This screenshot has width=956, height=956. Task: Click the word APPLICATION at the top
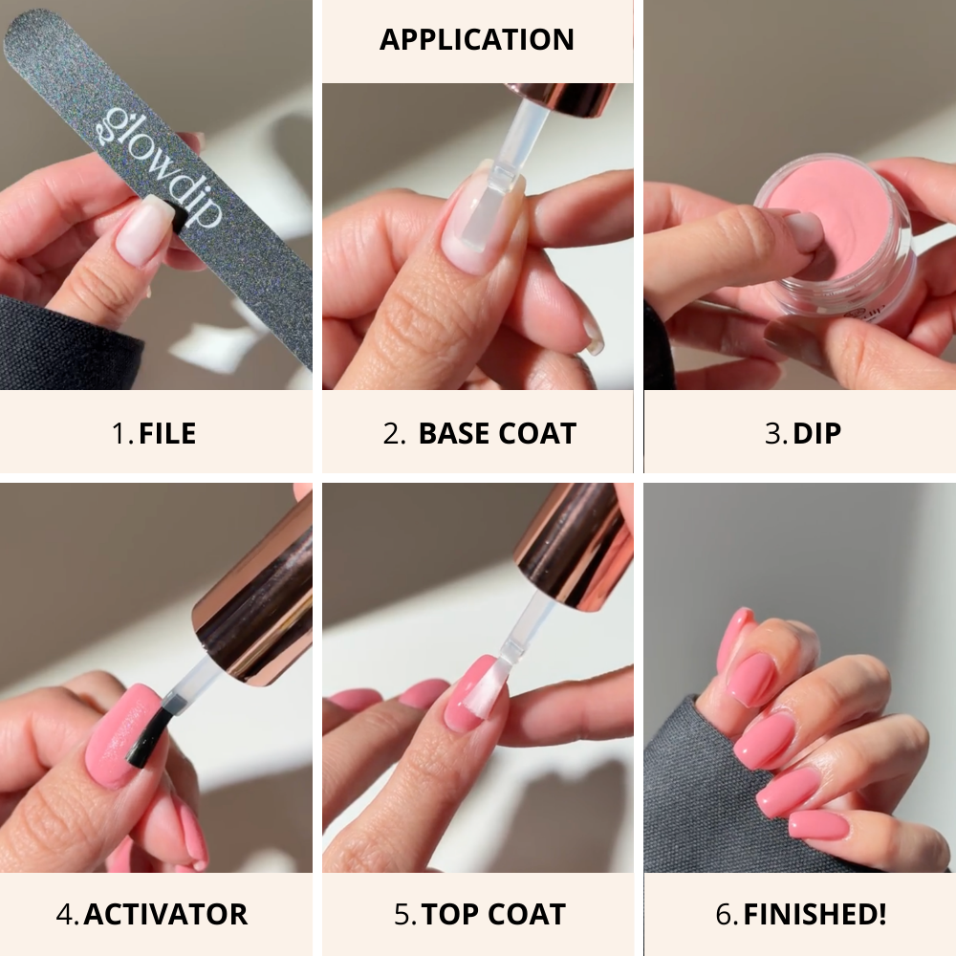[x=477, y=40]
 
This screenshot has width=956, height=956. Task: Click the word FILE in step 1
[x=167, y=433]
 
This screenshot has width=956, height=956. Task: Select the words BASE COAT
[x=497, y=433]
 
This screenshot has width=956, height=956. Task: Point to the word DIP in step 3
[x=816, y=433]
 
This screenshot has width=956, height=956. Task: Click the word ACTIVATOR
[x=165, y=913]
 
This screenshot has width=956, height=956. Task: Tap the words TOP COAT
[x=494, y=913]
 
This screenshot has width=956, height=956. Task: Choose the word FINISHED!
[x=815, y=913]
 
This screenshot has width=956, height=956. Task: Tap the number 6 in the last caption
[x=724, y=913]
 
